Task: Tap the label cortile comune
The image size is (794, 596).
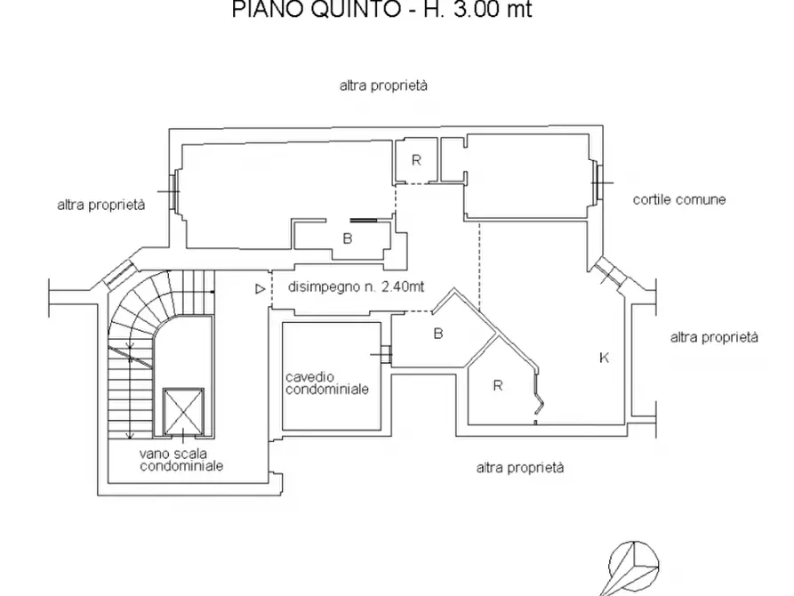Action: tap(679, 199)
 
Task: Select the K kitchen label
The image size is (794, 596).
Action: tap(604, 358)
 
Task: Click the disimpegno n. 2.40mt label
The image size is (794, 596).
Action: tap(356, 287)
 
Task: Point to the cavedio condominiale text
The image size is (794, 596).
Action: tap(327, 383)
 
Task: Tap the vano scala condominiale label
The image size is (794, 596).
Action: tap(180, 459)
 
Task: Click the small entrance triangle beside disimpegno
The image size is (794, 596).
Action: tap(259, 288)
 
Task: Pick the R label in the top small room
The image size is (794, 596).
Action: tap(415, 160)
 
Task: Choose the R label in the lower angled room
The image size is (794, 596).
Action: tap(498, 385)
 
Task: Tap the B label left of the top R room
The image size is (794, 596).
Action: tap(348, 238)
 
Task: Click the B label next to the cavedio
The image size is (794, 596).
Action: tap(437, 334)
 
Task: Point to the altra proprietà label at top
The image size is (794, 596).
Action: tap(383, 86)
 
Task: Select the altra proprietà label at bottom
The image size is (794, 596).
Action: tap(520, 467)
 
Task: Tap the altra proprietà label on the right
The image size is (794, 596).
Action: tap(714, 337)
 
